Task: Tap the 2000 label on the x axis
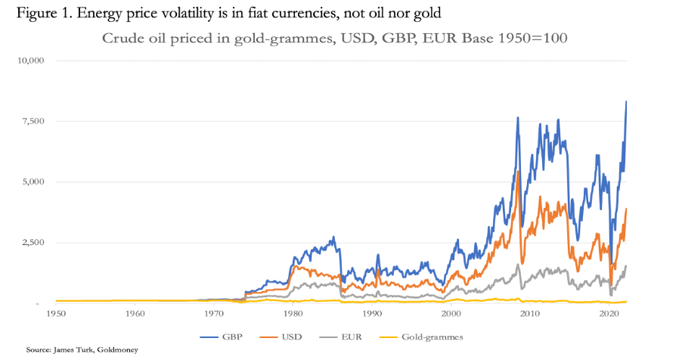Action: [x=451, y=312]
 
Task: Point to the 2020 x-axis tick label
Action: [x=609, y=312]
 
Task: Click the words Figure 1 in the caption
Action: [x=33, y=13]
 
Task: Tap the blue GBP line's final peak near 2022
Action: [x=626, y=102]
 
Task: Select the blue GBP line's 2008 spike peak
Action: [x=517, y=118]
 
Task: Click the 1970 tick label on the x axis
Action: [x=214, y=312]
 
